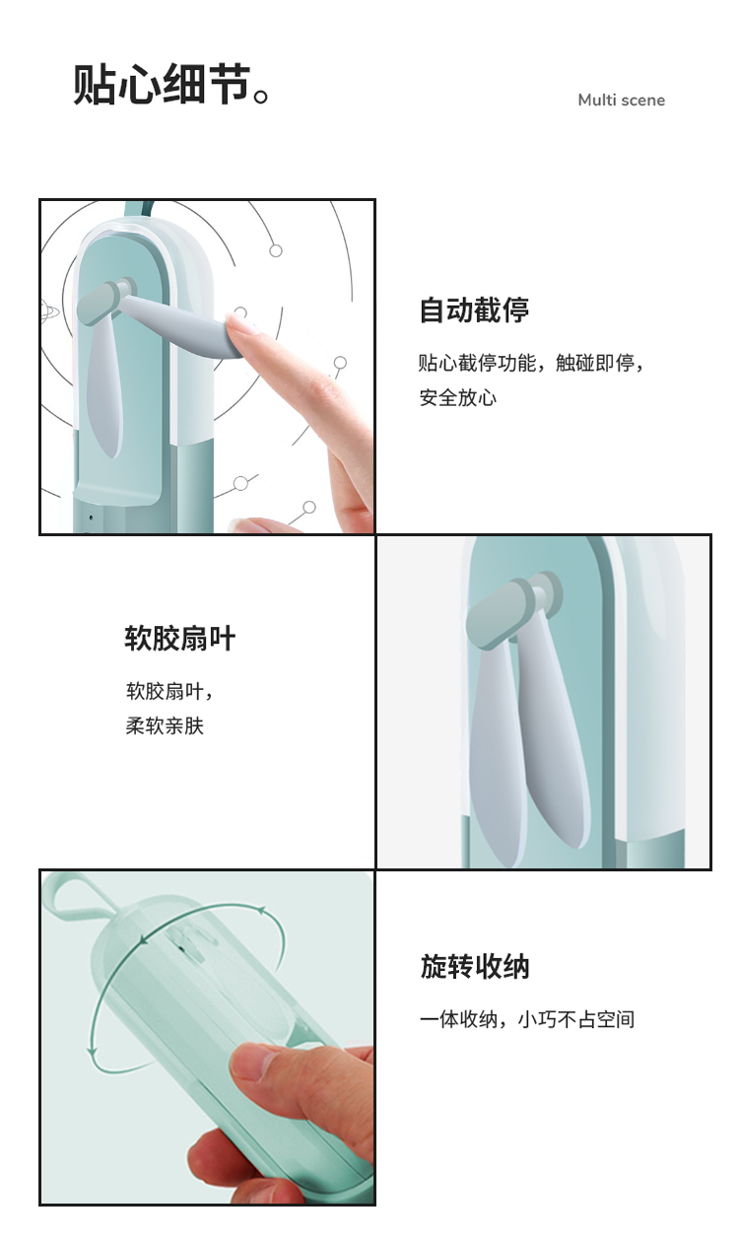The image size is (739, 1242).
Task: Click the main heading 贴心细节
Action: (162, 85)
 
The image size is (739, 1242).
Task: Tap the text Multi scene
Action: (621, 101)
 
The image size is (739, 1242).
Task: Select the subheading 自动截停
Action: (474, 310)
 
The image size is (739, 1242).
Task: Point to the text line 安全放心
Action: (457, 397)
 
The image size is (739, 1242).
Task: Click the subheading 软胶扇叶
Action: (179, 638)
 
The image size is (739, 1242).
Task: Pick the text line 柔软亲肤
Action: (165, 725)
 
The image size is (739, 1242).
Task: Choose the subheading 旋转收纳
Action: (475, 966)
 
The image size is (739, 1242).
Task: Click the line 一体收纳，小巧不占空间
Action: (527, 1019)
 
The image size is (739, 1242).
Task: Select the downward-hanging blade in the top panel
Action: (104, 388)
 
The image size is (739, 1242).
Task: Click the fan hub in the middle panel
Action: (511, 608)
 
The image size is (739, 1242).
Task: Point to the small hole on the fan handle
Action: (91, 517)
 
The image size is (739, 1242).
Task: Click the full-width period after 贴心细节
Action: (260, 96)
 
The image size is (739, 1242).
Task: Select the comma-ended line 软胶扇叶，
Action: (169, 691)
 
